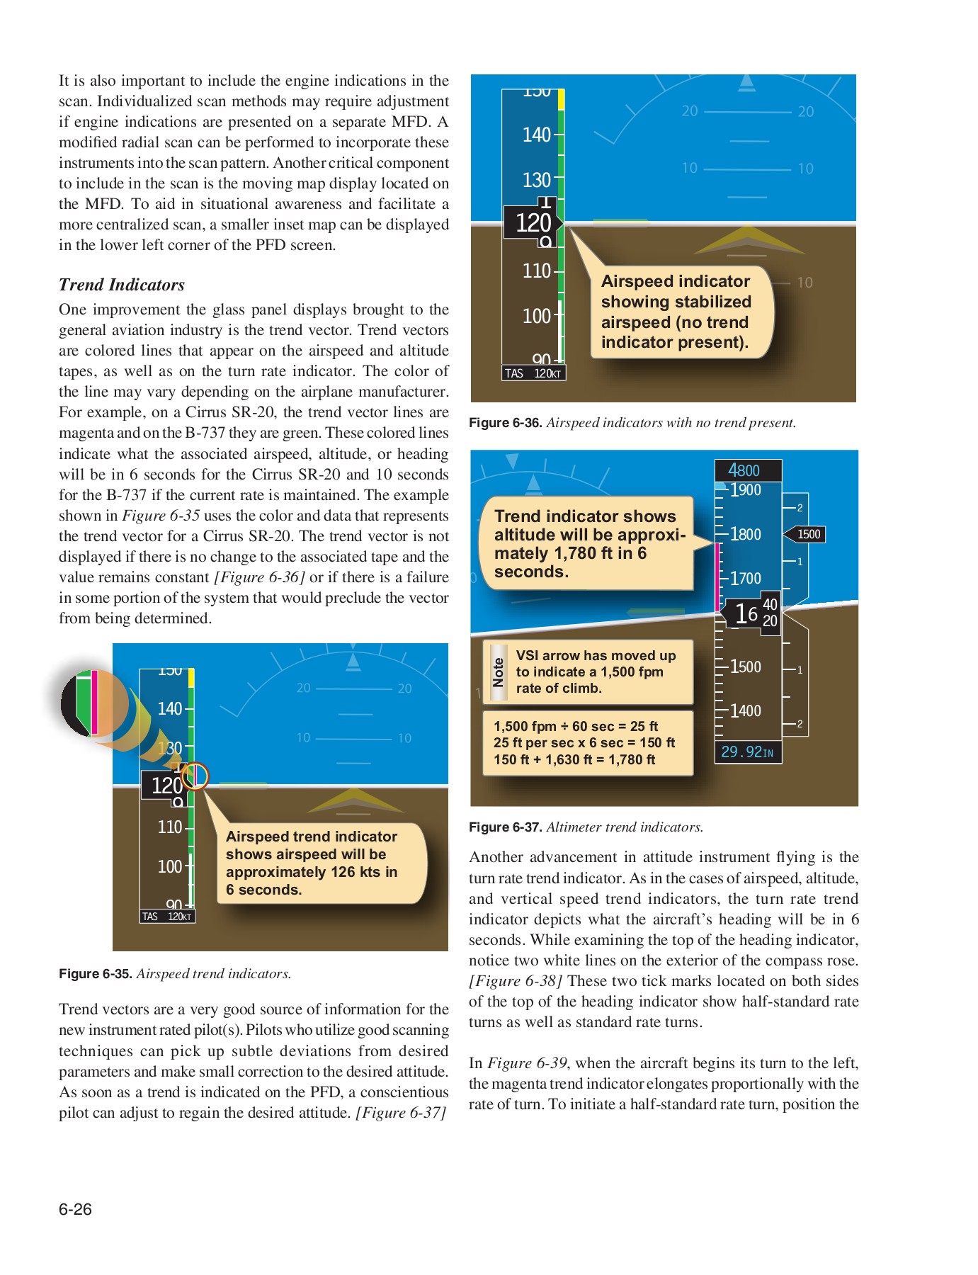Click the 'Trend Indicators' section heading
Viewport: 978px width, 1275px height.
pos(122,285)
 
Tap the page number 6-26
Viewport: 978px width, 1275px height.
pos(75,1209)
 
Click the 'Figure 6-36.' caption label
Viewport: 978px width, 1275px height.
pos(506,423)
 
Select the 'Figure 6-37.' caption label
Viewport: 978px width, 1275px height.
pos(506,827)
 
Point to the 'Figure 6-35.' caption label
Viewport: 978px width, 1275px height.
pos(96,974)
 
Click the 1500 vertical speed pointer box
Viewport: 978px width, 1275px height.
pos(807,534)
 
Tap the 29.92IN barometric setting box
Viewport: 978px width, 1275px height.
pos(747,752)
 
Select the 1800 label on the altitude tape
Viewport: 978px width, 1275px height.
pos(745,534)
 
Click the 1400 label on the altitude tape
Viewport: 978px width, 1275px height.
pos(745,710)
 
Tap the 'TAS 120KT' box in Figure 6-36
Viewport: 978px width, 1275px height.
pos(533,373)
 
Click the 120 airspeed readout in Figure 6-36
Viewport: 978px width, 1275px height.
pos(533,223)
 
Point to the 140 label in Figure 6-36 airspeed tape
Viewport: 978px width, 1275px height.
pos(536,135)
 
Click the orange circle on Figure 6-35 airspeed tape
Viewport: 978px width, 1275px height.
pos(195,776)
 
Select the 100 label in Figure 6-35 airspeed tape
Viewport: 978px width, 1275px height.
pos(170,866)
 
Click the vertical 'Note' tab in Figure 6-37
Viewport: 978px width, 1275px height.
pos(499,671)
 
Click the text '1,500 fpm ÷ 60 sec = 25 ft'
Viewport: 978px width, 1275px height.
pos(576,726)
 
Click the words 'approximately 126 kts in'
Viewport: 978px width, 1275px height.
pos(312,872)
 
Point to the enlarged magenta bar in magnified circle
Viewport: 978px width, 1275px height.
pos(95,702)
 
